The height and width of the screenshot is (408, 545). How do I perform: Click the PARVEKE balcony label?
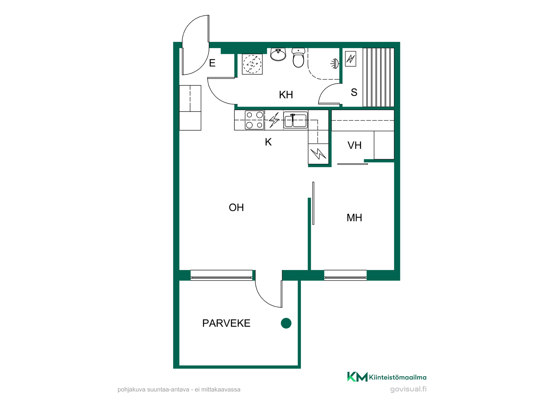[226, 323]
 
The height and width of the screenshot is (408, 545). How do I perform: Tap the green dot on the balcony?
[286, 323]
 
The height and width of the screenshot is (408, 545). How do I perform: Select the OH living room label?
[236, 208]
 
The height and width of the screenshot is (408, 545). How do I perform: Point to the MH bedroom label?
[354, 218]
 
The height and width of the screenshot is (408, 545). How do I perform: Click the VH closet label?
[355, 145]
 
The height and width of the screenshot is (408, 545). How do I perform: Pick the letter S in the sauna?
[354, 92]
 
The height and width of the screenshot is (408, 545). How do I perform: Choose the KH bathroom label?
[286, 95]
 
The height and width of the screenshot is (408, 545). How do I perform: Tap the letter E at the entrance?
[212, 63]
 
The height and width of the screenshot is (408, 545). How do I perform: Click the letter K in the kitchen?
[268, 142]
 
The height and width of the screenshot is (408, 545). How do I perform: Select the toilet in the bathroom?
[298, 58]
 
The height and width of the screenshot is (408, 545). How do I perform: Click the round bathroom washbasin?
[278, 54]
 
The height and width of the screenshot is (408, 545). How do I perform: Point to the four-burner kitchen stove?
[254, 120]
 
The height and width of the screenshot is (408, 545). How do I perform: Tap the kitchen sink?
[295, 120]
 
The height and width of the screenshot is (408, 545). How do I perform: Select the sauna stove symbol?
[351, 59]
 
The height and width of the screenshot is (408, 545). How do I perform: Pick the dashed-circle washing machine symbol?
[252, 64]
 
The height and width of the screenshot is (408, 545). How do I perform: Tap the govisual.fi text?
[408, 389]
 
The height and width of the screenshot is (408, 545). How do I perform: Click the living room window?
[221, 275]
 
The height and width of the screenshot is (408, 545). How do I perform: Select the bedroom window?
[345, 275]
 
